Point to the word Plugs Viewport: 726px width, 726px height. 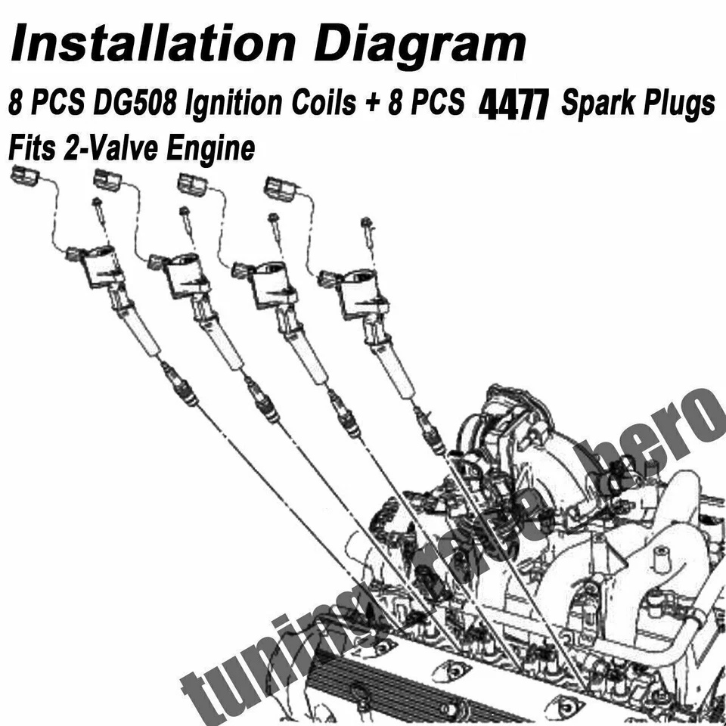click(677, 104)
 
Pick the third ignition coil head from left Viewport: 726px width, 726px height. click(271, 284)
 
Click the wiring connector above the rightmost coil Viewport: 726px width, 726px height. click(281, 188)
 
